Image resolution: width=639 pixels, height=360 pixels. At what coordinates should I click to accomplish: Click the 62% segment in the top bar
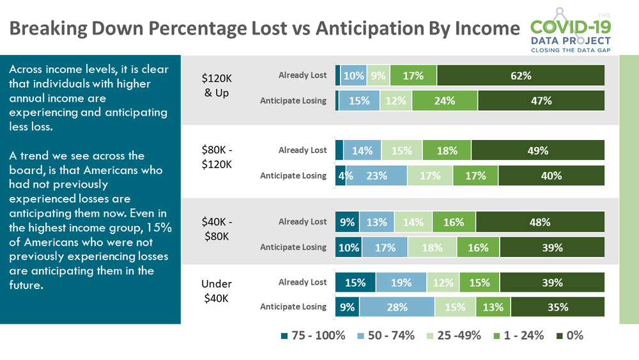pos(521,75)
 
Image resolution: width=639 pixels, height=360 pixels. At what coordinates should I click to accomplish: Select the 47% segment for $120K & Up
pos(541,100)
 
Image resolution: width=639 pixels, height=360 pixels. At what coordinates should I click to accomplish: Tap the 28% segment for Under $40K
pos(396,307)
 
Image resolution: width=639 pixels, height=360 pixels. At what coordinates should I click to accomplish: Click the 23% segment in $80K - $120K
pos(376,175)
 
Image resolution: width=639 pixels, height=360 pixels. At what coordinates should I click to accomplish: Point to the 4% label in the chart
pos(341,175)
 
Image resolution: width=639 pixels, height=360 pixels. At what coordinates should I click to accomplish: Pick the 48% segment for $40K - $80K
pos(540,222)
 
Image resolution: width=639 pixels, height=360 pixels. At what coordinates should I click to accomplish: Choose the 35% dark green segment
pos(557,307)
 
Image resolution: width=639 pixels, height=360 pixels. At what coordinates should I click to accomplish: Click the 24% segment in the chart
pos(444,100)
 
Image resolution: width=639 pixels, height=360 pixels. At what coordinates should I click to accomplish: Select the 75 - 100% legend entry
pos(313,335)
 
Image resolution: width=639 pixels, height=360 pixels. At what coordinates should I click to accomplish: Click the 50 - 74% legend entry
pos(384,335)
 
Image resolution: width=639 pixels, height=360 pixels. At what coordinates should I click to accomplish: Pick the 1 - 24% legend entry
pos(516,335)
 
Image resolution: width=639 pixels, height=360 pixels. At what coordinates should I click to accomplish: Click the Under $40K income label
pos(217,291)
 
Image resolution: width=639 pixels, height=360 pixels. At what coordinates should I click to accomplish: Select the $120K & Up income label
pos(217,85)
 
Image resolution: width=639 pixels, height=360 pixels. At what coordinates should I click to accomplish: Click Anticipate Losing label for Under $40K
pos(293,307)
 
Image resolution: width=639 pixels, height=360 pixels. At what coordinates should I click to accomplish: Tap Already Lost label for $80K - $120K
pos(302,150)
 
